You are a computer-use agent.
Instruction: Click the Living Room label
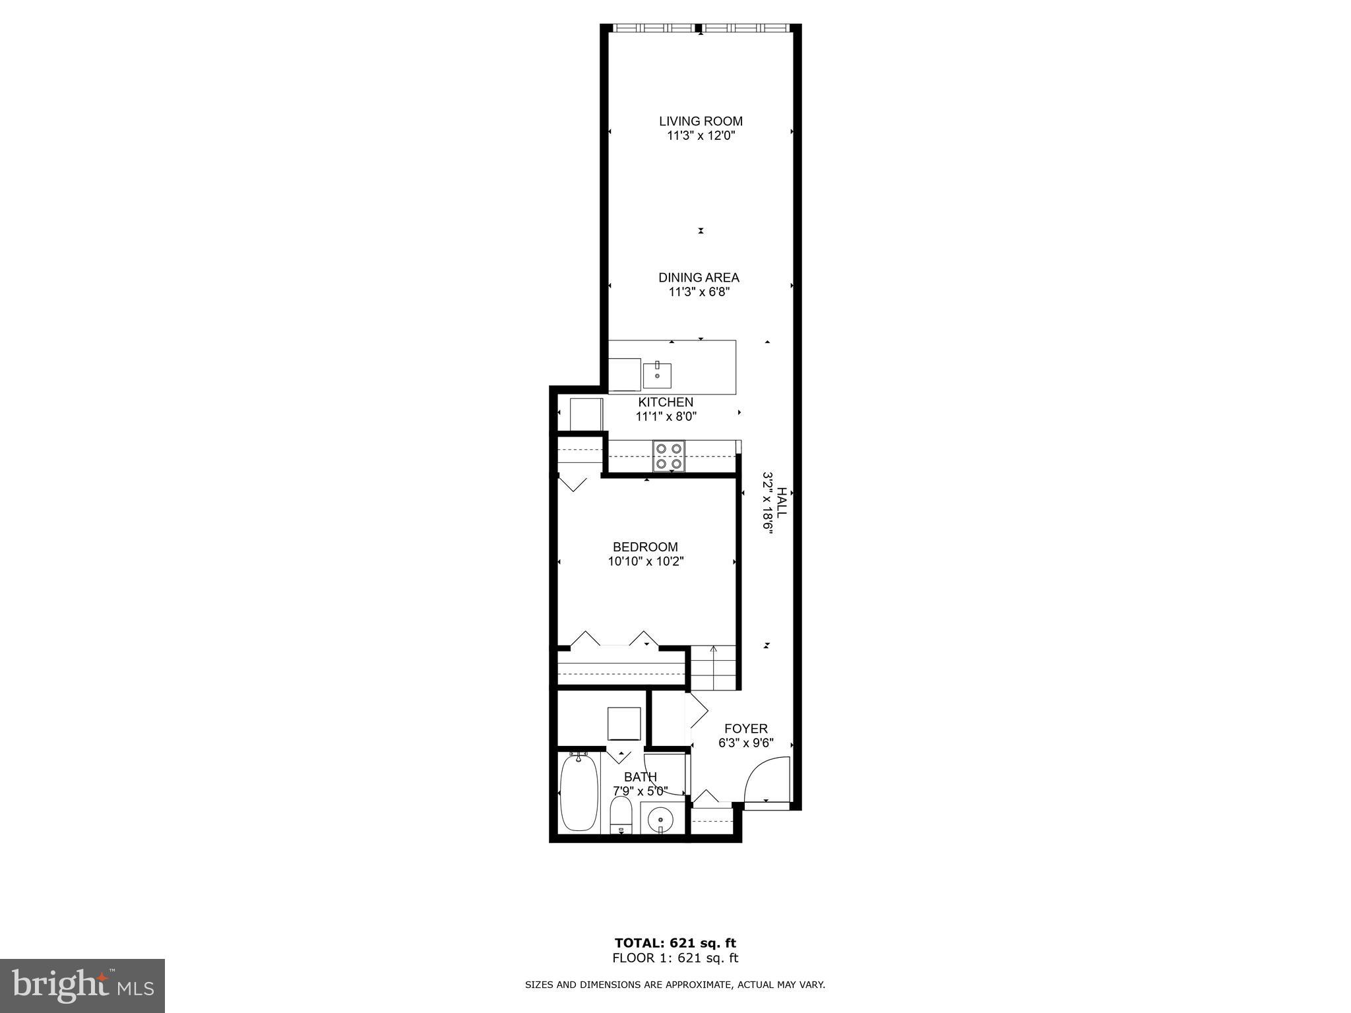tap(701, 121)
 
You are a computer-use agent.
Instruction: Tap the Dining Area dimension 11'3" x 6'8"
tap(699, 292)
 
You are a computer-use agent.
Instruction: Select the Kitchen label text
tap(666, 402)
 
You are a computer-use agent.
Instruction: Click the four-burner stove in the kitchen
tap(669, 456)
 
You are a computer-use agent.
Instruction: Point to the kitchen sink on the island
tap(657, 376)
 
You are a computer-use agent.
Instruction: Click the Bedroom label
tap(645, 547)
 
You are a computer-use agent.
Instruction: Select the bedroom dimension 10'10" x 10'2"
tap(645, 562)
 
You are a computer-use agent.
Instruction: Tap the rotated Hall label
tap(782, 502)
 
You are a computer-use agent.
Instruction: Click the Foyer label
tap(746, 729)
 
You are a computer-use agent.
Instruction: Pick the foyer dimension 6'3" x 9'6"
tap(746, 743)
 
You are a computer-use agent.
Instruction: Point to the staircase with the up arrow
tap(713, 667)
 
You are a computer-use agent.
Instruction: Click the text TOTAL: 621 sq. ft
tap(675, 943)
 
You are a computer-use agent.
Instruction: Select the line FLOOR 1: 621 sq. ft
tap(675, 958)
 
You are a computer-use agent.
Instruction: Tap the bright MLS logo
tap(82, 986)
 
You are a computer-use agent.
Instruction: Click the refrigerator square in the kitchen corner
tap(586, 414)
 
